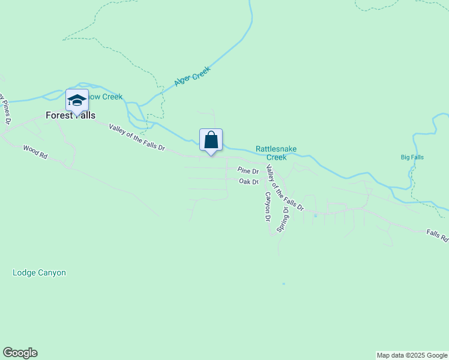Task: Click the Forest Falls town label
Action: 71,116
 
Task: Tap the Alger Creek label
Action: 192,76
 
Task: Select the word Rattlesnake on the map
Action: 276,149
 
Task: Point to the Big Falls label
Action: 412,157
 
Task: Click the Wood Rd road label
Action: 35,151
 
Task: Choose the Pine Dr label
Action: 247,171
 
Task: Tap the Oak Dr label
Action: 248,181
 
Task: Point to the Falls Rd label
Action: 437,235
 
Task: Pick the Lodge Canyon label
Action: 39,273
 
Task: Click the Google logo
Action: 20,353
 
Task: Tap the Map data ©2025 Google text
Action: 412,355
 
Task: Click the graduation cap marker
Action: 77,101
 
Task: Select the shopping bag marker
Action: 211,140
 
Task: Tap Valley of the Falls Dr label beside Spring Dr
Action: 285,187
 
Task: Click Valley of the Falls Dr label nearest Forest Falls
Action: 136,137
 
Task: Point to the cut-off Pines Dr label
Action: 5,108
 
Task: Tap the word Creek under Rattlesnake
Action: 276,157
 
